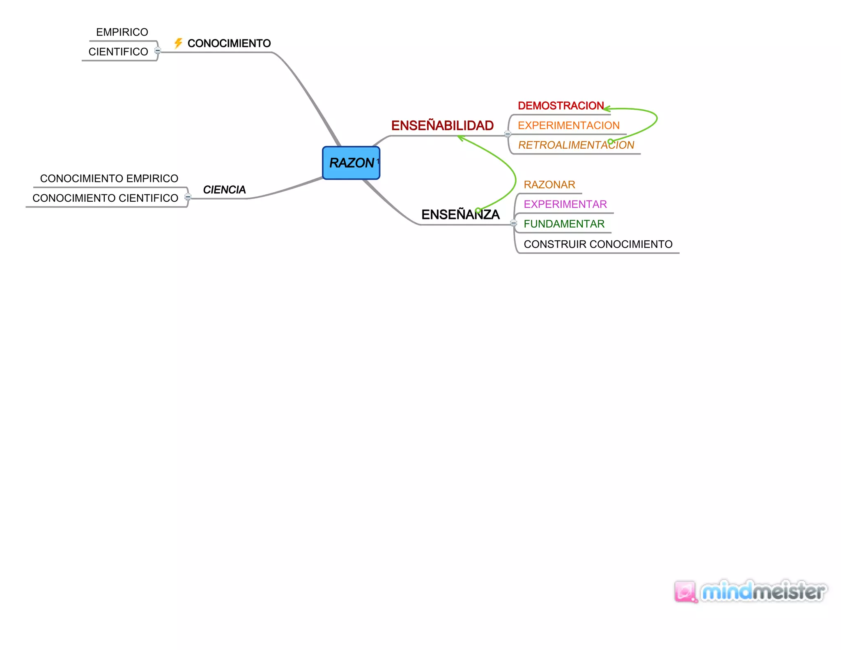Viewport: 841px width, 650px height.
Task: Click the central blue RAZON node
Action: pos(351,163)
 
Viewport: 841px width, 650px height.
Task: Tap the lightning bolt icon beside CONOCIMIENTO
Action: pos(178,43)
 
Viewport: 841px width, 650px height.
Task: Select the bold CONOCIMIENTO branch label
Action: pos(229,44)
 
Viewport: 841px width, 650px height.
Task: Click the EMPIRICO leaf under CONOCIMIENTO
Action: pos(122,32)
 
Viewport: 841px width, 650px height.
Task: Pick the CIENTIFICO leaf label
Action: pos(118,52)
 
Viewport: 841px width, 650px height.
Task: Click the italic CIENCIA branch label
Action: pos(224,190)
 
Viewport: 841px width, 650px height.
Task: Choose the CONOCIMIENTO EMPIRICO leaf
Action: pos(109,178)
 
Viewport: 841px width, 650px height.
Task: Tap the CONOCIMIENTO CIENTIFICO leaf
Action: pos(105,198)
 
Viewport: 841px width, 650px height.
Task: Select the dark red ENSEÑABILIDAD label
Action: pos(442,126)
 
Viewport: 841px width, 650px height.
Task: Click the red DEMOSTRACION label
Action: pos(561,106)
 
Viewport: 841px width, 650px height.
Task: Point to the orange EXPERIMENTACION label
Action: pos(568,126)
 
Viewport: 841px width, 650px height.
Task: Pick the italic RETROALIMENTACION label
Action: pos(576,145)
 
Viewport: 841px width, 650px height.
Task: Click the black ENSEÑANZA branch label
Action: pos(460,214)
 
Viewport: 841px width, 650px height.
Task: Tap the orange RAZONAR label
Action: pos(549,185)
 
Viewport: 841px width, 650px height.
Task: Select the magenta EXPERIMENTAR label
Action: pos(565,204)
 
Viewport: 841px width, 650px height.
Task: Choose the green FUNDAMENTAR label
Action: pos(564,224)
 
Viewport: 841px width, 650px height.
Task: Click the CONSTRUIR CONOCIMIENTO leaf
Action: pos(598,244)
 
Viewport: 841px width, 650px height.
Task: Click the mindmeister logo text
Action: pos(763,592)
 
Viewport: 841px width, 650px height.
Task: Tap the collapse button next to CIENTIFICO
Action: pos(158,51)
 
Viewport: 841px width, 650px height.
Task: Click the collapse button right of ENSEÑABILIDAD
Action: pos(508,134)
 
